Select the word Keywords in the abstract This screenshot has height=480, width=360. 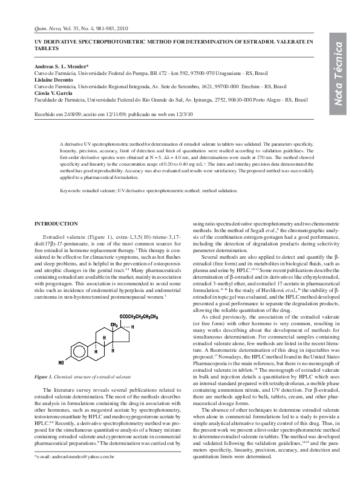point(71,190)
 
